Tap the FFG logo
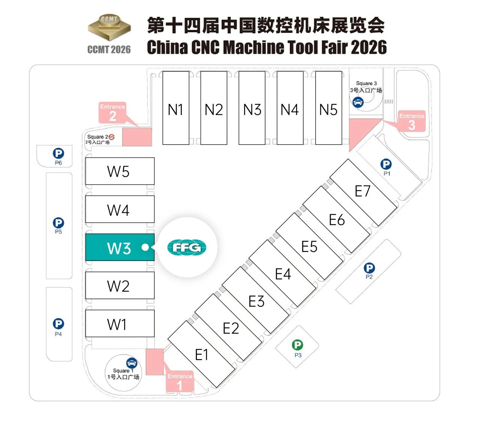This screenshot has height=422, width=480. pos(187,248)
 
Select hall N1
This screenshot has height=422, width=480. pos(175,109)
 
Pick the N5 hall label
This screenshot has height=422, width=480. pos(328,110)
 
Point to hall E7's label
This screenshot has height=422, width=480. pos(363,191)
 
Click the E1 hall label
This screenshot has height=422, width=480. pos(201,354)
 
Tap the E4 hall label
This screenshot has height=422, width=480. pos(283,274)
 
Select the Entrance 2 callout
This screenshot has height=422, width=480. pos(112,113)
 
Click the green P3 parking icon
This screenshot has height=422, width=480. pos(297,345)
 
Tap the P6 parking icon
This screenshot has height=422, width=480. pos(58,153)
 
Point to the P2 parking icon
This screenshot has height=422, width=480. pos(369,268)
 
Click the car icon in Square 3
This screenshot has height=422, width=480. pos(358,101)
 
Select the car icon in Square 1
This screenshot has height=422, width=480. pos(132,362)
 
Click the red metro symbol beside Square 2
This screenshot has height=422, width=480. pos(111,137)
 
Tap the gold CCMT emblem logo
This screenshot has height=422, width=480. pos(109,28)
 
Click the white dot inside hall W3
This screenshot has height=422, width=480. pos(145,247)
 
